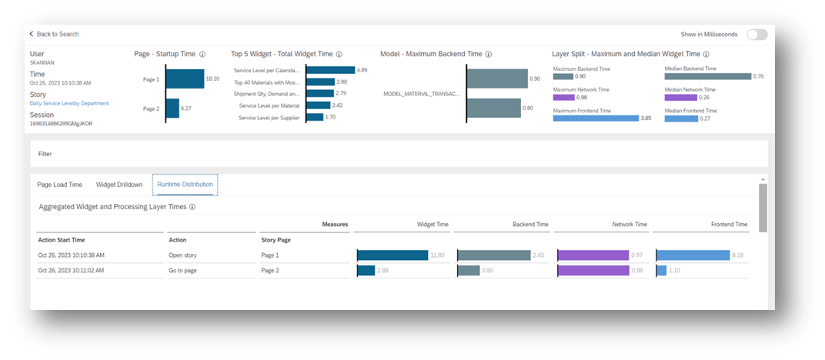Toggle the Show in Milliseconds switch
coord(757,35)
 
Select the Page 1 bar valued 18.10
coord(184,78)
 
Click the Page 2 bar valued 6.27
coord(172,108)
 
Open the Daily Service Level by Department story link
coord(68,103)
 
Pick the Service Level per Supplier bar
coord(314,117)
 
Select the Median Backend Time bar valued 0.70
coord(707,76)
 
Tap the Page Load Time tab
coord(59,185)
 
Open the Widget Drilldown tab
coord(119,185)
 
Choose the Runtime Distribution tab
coord(185,185)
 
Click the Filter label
coord(45,154)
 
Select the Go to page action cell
coord(183,270)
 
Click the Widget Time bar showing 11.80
coord(392,255)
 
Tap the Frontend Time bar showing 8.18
coord(693,255)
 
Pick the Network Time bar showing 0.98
coord(593,270)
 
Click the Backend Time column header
coord(530,225)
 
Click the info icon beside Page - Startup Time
coord(202,55)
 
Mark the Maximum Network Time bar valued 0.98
coord(563,97)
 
